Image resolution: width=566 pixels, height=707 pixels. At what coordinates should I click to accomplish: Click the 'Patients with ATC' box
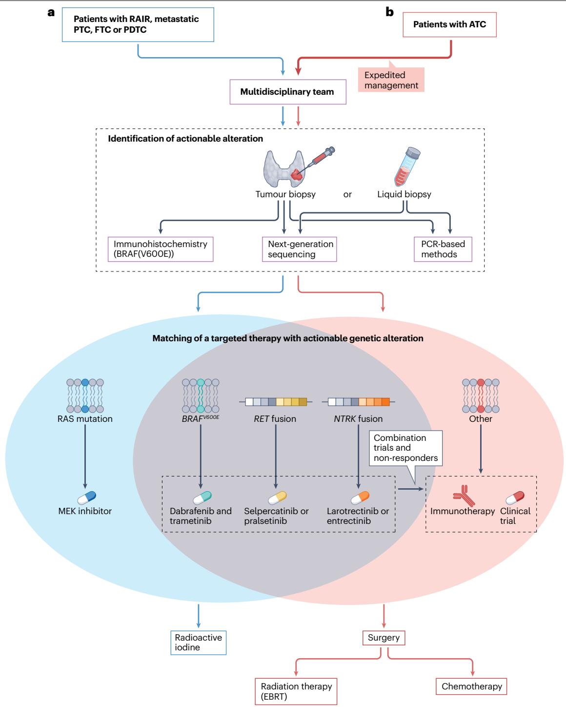click(449, 24)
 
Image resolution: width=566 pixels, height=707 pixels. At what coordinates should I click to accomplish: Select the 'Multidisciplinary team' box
click(288, 92)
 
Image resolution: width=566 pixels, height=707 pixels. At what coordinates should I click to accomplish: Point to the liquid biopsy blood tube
click(407, 166)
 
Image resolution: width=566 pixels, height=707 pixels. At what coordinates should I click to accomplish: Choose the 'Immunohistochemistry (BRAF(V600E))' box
click(161, 250)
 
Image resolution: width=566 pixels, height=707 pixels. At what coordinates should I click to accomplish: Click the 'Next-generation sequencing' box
click(300, 250)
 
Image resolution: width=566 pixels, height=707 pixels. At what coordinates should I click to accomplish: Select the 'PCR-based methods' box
click(443, 250)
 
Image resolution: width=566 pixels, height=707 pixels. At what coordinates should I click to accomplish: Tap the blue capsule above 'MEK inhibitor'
click(87, 498)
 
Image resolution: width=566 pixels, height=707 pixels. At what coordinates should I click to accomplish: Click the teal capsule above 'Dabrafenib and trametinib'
click(202, 498)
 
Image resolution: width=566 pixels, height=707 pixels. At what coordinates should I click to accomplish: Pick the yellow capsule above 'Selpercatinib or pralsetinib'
click(278, 498)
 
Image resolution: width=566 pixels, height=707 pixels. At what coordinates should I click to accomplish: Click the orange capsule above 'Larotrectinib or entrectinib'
click(360, 498)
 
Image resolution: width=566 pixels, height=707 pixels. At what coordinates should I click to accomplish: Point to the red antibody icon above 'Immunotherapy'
click(464, 496)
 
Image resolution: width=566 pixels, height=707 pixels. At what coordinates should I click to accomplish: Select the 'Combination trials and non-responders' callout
click(406, 448)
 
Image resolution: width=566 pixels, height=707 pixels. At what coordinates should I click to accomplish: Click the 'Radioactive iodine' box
click(198, 643)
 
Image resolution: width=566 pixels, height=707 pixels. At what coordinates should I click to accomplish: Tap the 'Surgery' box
click(384, 638)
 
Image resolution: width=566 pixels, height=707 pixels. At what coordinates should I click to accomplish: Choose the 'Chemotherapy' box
click(471, 686)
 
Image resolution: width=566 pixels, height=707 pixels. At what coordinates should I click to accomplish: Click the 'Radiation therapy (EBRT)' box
click(296, 691)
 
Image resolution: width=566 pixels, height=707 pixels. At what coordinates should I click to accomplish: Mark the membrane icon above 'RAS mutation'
click(85, 395)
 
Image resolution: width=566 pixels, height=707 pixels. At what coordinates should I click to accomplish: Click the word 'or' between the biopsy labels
click(347, 194)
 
